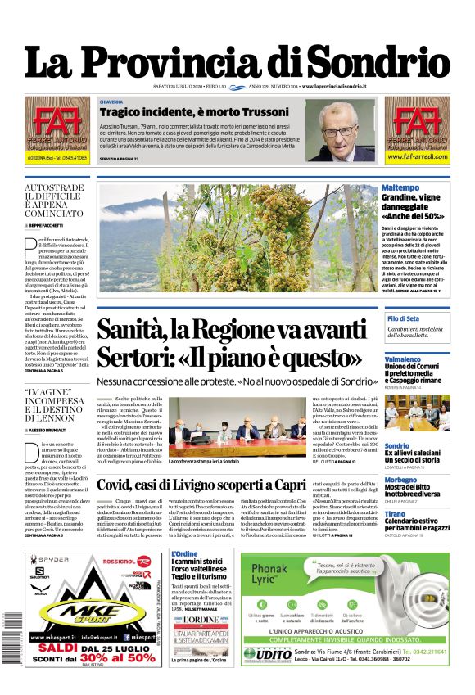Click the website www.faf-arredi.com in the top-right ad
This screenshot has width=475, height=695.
[418, 156]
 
